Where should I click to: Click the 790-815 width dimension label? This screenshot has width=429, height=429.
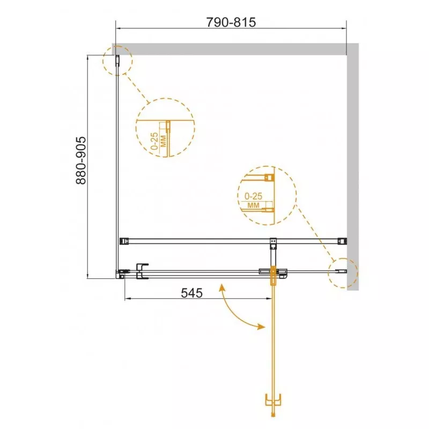pos(231,23)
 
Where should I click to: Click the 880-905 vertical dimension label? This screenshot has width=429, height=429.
pos(81,160)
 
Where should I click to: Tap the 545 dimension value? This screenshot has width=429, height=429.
pos(192,293)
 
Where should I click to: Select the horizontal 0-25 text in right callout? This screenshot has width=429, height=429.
pos(253,196)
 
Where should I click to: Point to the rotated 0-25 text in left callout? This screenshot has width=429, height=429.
pos(154,141)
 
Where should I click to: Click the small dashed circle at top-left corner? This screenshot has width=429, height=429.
pos(117,61)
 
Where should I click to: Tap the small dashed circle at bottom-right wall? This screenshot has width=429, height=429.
pos(343,272)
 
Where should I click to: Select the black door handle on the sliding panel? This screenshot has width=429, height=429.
pos(142,271)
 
